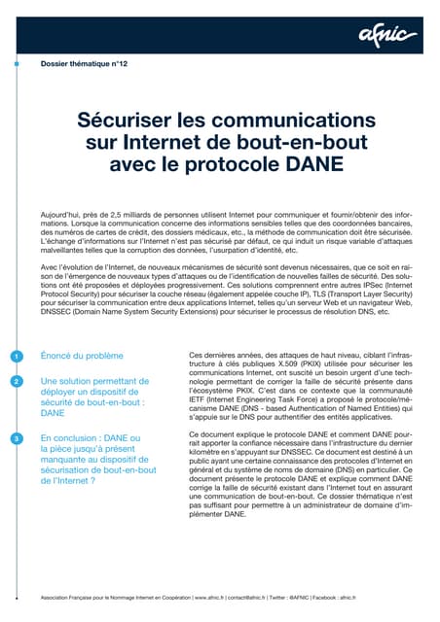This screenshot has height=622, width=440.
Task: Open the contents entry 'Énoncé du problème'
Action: tap(83, 357)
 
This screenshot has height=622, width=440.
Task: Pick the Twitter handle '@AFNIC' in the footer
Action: tap(319, 596)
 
